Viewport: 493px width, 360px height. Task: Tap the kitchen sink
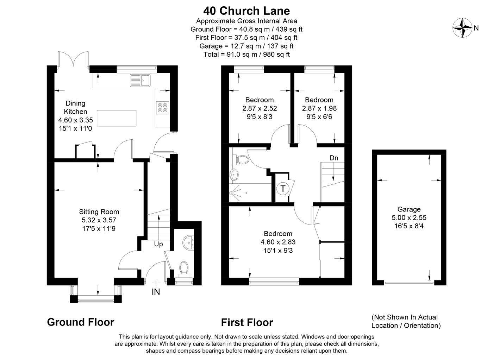(x=140, y=80)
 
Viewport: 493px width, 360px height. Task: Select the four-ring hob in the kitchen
(x=163, y=108)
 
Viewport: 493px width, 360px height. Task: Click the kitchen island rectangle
(x=117, y=118)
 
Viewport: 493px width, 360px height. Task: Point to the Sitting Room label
(x=99, y=211)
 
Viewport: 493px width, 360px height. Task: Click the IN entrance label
(x=156, y=292)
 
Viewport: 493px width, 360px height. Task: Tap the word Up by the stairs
(x=158, y=244)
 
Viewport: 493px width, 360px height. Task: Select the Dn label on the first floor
(x=334, y=158)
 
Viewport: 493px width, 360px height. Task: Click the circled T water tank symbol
(x=282, y=189)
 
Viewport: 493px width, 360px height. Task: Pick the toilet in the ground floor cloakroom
(x=184, y=269)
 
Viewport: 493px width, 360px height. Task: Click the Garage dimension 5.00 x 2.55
(x=409, y=217)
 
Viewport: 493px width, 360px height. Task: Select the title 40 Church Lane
(x=246, y=11)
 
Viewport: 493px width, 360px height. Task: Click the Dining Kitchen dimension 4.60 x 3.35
(x=75, y=120)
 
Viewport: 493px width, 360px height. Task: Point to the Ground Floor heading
(x=81, y=322)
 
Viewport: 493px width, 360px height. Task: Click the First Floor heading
(x=247, y=322)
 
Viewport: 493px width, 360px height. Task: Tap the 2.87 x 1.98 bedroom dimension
(x=319, y=108)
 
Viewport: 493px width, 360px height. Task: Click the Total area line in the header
(x=246, y=54)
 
